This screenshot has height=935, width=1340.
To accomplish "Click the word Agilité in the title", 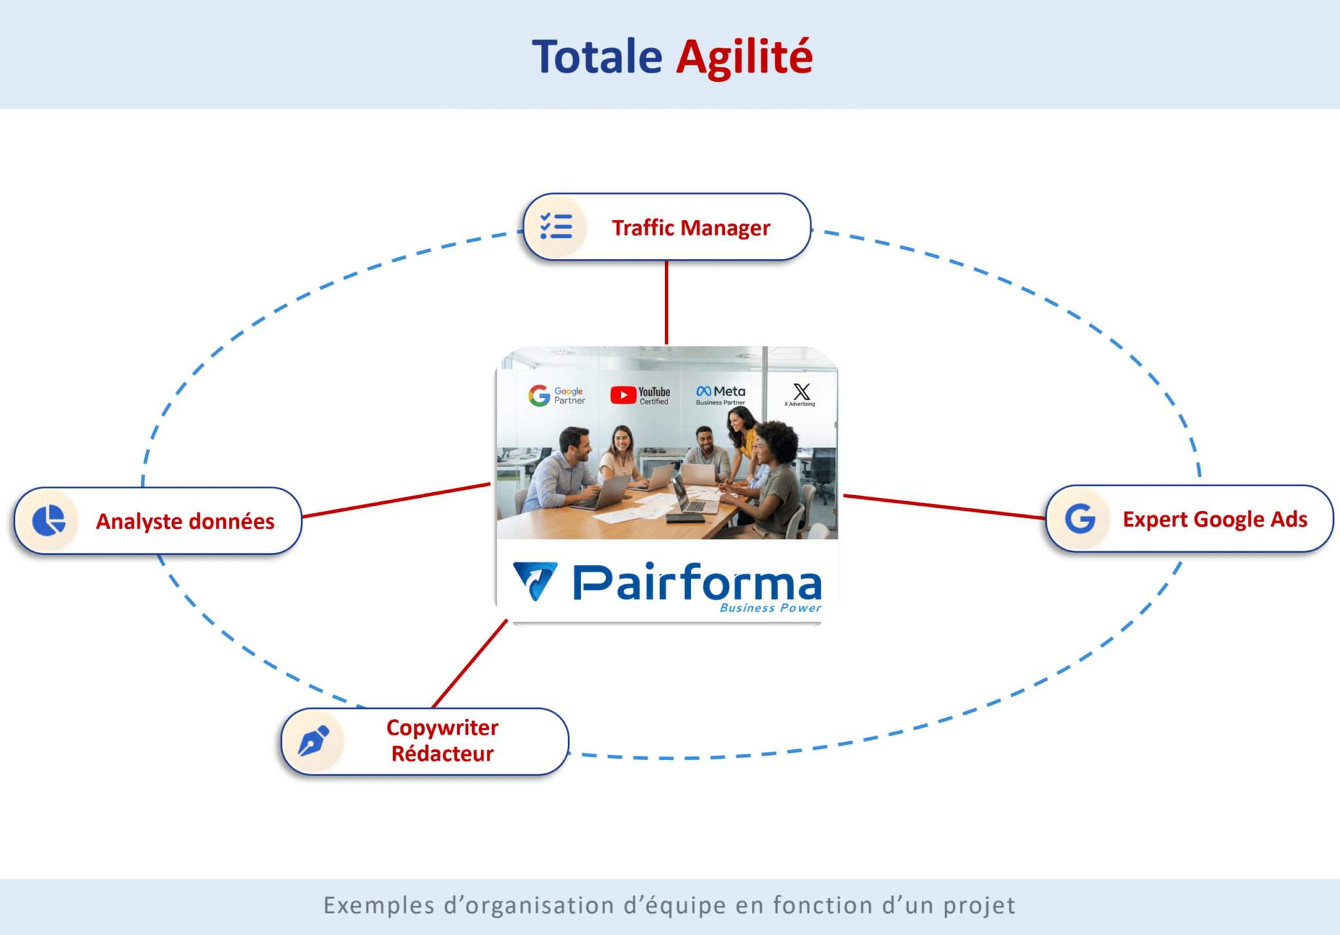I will [x=744, y=57].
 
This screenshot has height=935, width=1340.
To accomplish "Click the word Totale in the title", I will [x=597, y=57].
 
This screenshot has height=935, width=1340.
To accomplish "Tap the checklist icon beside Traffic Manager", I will [x=556, y=226].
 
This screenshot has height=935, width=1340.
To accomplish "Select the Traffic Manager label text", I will [x=691, y=228].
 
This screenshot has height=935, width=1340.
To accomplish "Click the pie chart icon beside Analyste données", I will [x=49, y=521].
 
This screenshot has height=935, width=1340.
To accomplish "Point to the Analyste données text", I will [x=185, y=521].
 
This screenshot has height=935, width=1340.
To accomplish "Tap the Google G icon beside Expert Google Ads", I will [x=1080, y=519].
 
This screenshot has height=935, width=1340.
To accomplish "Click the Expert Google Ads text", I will [x=1215, y=519].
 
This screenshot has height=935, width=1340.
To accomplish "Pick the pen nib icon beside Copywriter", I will [x=314, y=741].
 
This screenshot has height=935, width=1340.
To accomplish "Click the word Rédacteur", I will [x=442, y=754].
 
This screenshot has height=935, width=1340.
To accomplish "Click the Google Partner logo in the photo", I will [x=557, y=395].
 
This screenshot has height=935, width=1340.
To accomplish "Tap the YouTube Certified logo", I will [x=641, y=395].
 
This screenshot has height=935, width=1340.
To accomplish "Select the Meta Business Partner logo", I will [x=720, y=395].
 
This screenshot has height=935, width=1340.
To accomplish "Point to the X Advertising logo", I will [x=801, y=395].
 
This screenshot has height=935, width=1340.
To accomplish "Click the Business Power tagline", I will [x=770, y=608].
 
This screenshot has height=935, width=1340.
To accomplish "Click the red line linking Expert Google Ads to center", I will [x=943, y=507].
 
